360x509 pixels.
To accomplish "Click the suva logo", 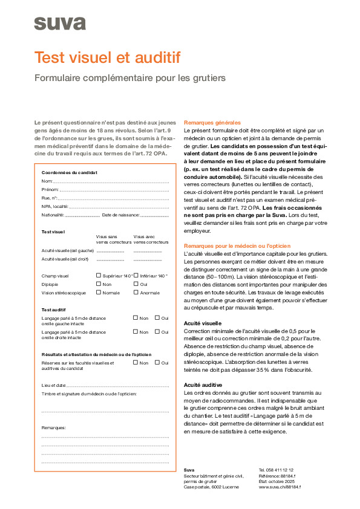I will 60,23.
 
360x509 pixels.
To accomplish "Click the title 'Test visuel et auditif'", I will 107,58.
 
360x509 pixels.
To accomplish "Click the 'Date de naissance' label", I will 120,215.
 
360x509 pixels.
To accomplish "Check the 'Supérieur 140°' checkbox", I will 99,275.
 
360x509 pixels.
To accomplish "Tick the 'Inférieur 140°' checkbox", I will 136,275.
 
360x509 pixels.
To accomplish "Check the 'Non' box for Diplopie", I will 99,284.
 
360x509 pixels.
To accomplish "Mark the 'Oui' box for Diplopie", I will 136,284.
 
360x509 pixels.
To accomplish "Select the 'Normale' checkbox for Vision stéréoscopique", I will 99,292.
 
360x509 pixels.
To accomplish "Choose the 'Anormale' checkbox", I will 136,292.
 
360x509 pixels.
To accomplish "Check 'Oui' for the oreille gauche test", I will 157,317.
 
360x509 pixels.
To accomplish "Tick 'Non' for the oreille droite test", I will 136,332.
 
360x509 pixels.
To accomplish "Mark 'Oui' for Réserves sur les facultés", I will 157,363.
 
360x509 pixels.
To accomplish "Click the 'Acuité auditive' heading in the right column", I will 203,384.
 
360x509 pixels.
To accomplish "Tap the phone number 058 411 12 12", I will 276,470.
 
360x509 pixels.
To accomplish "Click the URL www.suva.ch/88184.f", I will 280,487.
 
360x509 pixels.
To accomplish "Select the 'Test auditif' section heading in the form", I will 54,309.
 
